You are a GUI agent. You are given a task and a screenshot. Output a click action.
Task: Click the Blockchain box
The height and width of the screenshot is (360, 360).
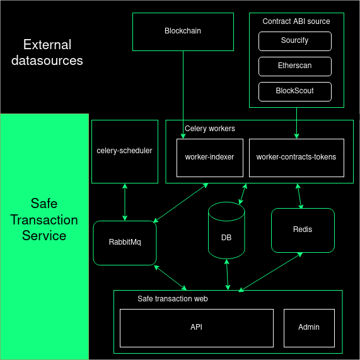[x=183, y=31]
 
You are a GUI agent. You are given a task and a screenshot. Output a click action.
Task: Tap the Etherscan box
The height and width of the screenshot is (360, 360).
[x=294, y=66]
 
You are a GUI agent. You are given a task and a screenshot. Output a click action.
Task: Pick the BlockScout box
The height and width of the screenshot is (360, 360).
[x=294, y=91]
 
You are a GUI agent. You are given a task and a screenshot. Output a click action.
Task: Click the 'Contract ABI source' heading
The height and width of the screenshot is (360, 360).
[x=296, y=21]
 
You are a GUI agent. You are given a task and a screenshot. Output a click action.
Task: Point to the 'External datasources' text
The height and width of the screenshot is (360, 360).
[x=47, y=53]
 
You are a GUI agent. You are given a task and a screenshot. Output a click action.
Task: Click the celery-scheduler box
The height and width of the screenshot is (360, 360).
[x=124, y=151]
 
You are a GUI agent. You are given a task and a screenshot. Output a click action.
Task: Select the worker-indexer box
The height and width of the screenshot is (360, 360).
[x=209, y=157]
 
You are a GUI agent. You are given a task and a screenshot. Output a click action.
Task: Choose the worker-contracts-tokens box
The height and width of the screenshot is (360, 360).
[x=296, y=157]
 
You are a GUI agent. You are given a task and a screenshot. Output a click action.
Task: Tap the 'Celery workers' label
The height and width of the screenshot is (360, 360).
[x=209, y=129]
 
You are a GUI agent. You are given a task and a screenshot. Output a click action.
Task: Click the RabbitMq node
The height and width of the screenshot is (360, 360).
[x=124, y=243]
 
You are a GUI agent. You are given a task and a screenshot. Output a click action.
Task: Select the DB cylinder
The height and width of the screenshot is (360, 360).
[x=226, y=237]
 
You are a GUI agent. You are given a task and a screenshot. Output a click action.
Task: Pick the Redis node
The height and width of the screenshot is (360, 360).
[x=303, y=229]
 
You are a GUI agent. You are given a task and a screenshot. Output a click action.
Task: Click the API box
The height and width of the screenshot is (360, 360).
[x=196, y=328]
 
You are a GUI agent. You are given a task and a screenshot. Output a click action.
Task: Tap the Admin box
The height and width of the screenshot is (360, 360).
[x=309, y=327]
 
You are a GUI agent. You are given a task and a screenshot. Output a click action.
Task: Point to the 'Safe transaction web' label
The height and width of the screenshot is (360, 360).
[x=172, y=299]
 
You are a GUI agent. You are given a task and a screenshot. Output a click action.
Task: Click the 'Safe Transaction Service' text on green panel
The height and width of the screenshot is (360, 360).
[x=44, y=220]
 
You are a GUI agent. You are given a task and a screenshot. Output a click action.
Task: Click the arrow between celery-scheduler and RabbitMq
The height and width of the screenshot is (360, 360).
[x=125, y=202]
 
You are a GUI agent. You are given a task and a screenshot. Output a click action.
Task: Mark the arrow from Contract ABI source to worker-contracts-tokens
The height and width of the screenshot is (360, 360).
[x=296, y=123]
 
